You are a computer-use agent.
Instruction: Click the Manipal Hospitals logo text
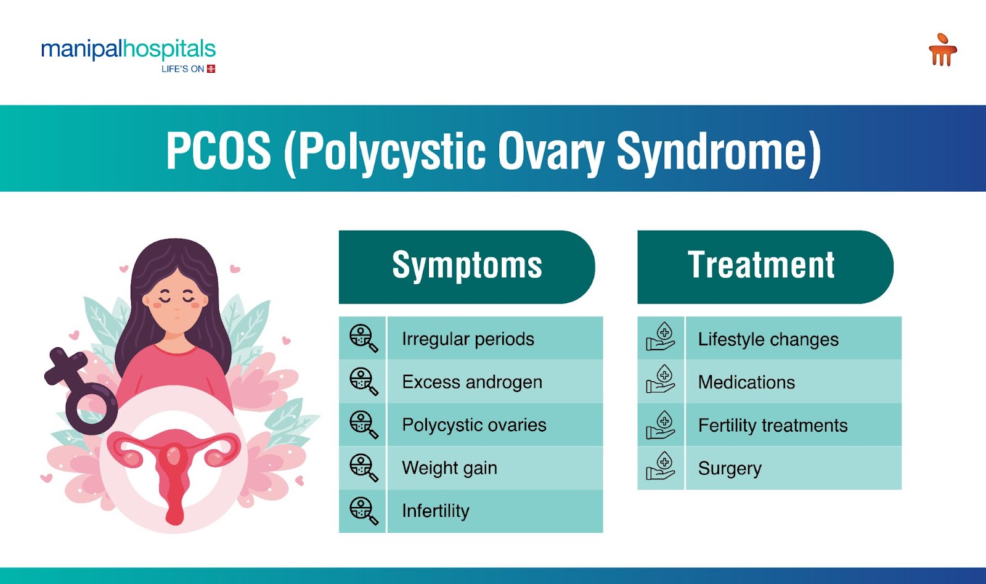[x=128, y=49]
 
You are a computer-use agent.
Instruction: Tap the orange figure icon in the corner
[x=942, y=50]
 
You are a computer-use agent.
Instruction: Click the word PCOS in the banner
[x=218, y=151]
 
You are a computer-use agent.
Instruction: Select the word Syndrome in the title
[x=719, y=154]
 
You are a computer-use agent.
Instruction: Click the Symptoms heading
[x=467, y=265]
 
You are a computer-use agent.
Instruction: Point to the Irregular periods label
[x=468, y=339]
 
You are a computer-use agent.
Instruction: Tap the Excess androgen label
[x=472, y=382]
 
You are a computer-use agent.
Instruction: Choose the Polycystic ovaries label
[x=474, y=425]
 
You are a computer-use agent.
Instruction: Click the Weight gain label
[x=449, y=467]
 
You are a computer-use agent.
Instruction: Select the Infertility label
[x=435, y=511]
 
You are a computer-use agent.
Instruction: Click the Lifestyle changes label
[x=768, y=339]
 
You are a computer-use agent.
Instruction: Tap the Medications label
[x=746, y=382]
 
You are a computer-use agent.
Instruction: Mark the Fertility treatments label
[x=773, y=426]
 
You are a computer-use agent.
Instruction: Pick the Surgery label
[x=730, y=469]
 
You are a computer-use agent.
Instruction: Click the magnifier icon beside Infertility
[x=364, y=511]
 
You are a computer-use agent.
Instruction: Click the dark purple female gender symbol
[x=81, y=390]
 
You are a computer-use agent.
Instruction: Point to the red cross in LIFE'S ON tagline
[x=211, y=68]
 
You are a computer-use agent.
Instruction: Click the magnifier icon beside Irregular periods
[x=364, y=338]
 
